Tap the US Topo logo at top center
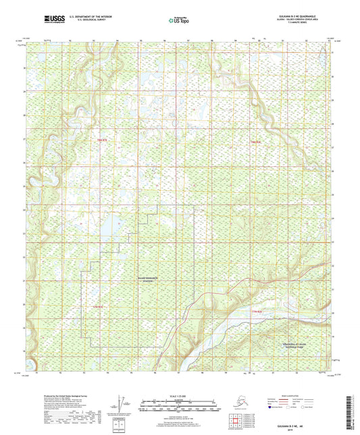click(x=178, y=22)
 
